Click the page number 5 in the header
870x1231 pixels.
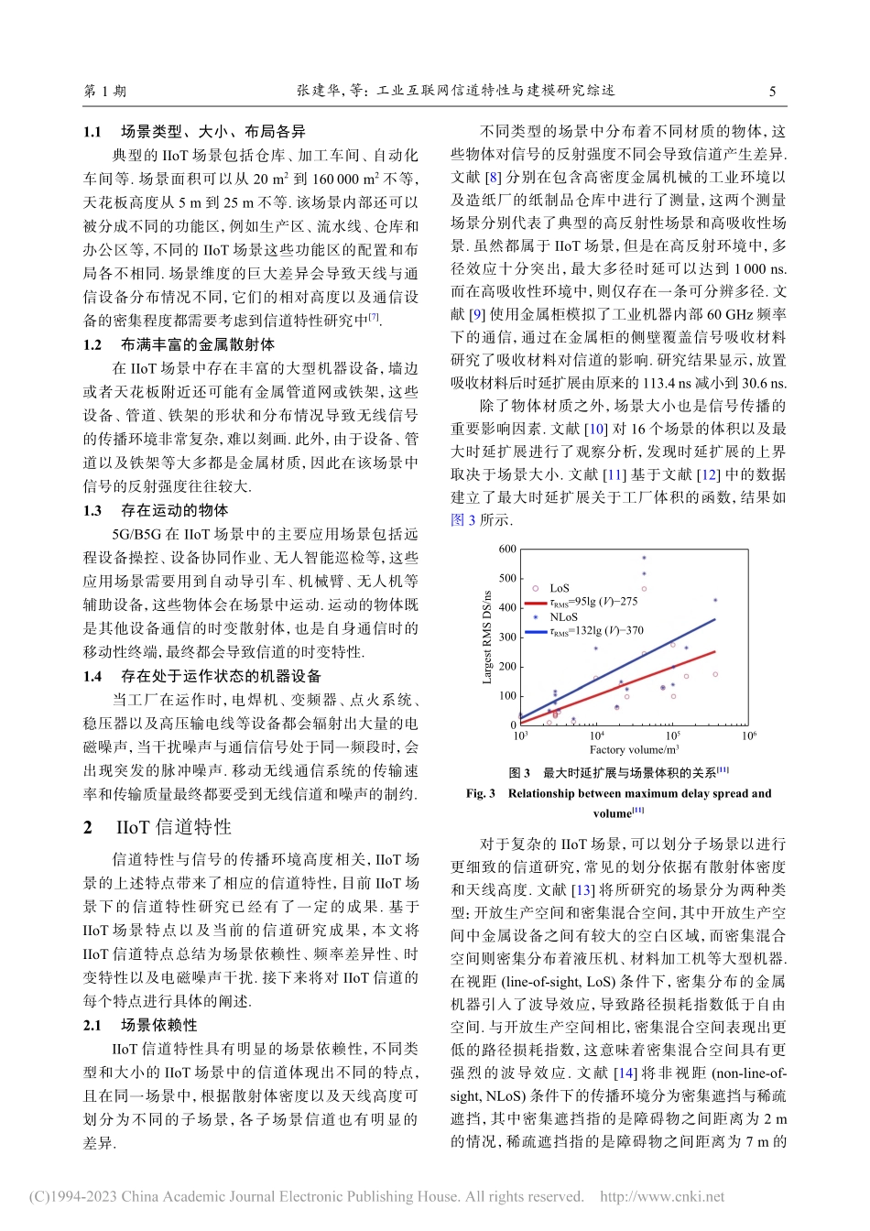pyautogui.click(x=772, y=91)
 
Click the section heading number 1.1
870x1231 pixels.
pyautogui.click(x=92, y=132)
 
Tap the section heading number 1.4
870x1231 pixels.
pyautogui.click(x=92, y=676)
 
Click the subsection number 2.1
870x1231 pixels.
pyautogui.click(x=92, y=1025)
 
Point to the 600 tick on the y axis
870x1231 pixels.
pyautogui.click(x=507, y=550)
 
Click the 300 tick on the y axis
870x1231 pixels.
pyautogui.click(x=507, y=637)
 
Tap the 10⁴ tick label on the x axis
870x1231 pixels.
pyautogui.click(x=596, y=735)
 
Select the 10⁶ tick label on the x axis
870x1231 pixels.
pyautogui.click(x=749, y=735)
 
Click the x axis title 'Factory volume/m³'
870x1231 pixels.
pyautogui.click(x=634, y=749)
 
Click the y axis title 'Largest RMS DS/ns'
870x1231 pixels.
pyautogui.click(x=487, y=637)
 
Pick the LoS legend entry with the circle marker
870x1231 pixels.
pyautogui.click(x=559, y=588)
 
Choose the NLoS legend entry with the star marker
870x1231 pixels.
pyautogui.click(x=562, y=616)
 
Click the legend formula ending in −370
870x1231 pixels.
pyautogui.click(x=595, y=630)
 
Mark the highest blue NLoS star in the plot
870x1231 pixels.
pyautogui.click(x=644, y=558)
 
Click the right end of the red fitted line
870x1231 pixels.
pyautogui.click(x=715, y=651)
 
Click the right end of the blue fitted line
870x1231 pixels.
pyautogui.click(x=715, y=619)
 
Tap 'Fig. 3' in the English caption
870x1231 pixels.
pyautogui.click(x=480, y=793)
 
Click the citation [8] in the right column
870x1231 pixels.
pyautogui.click(x=494, y=177)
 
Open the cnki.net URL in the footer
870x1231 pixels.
pyautogui.click(x=662, y=1196)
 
